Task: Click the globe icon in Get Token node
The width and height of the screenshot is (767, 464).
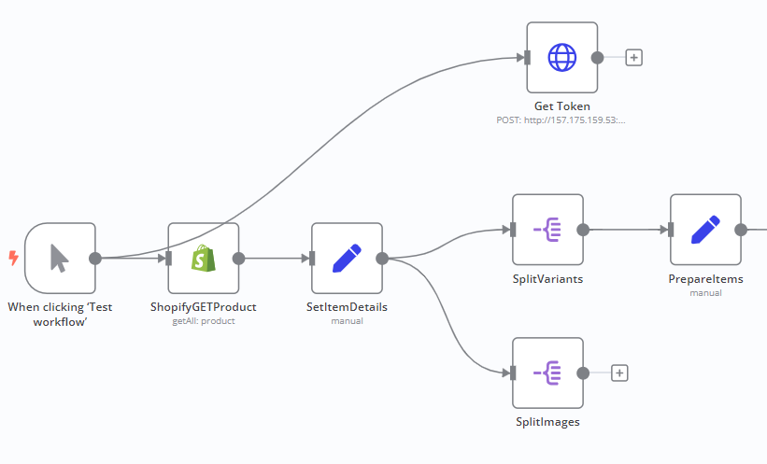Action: click(561, 58)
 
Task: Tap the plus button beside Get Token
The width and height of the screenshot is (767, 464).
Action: click(633, 58)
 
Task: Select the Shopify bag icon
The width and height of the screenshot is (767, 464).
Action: click(204, 259)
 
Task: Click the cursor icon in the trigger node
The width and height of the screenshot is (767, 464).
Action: click(60, 258)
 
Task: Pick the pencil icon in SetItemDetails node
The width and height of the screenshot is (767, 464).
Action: click(347, 258)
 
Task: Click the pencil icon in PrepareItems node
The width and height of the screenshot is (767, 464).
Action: click(705, 230)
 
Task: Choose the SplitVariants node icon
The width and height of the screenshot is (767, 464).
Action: click(547, 230)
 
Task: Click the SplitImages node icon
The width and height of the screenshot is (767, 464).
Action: click(547, 373)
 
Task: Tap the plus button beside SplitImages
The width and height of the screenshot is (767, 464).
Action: click(619, 373)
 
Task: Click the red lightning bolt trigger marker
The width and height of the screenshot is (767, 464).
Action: click(13, 257)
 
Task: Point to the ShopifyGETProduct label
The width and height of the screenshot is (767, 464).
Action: click(203, 306)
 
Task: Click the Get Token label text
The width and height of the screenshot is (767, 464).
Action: click(561, 106)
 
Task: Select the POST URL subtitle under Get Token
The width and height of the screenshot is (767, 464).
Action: click(561, 120)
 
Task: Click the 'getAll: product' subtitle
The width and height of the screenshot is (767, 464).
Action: click(203, 321)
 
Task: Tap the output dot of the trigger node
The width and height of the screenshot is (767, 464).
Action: click(94, 259)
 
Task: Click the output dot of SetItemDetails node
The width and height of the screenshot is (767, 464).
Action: click(381, 259)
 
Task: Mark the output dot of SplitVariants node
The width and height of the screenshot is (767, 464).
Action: click(582, 230)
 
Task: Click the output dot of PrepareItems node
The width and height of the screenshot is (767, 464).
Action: click(740, 230)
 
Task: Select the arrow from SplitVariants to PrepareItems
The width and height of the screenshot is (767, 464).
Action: click(626, 230)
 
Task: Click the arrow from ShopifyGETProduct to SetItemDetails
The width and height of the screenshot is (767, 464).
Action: click(276, 259)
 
